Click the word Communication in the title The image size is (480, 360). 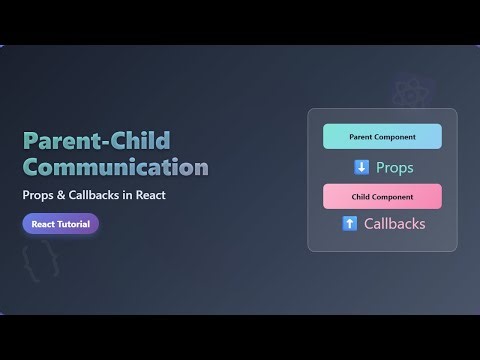tap(115, 165)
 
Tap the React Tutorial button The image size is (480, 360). tap(60, 224)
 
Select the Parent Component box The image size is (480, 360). tap(382, 136)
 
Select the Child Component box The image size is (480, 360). tap(382, 196)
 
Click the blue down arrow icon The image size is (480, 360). tap(362, 167)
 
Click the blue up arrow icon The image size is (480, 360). tap(349, 223)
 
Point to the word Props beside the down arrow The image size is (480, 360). tap(394, 167)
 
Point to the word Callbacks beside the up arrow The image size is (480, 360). tap(394, 223)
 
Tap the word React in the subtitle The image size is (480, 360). tap(165, 195)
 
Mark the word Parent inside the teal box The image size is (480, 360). tap(362, 136)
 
